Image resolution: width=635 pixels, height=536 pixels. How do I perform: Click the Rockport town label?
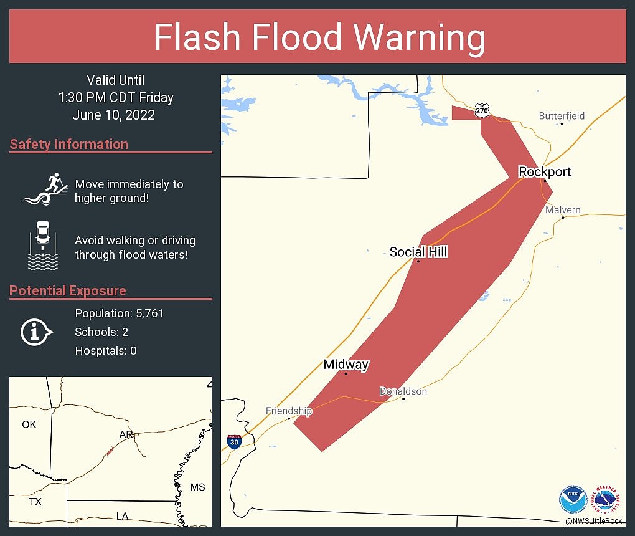(545, 171)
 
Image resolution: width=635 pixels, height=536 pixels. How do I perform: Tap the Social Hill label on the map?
(418, 252)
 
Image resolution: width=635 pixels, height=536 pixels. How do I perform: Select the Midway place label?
(346, 365)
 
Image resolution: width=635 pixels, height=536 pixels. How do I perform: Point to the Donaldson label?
(403, 391)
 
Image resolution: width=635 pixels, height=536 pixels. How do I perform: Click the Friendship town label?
(289, 411)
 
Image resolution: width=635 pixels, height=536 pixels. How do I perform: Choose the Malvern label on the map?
(563, 210)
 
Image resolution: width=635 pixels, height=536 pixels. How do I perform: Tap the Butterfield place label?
(562, 116)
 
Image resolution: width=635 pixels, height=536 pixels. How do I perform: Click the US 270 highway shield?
(481, 110)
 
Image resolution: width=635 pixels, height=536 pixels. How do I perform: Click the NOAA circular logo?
(573, 499)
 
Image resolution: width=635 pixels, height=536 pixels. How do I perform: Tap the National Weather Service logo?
(608, 499)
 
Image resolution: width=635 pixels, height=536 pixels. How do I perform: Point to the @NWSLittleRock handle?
(595, 520)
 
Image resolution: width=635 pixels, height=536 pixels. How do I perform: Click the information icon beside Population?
(36, 332)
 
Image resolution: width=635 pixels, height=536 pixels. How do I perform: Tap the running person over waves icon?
(45, 189)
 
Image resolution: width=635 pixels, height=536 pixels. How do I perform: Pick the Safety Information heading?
(69, 145)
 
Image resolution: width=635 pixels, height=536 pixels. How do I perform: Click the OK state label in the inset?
(29, 424)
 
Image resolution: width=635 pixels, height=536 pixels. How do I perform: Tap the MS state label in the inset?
(197, 487)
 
